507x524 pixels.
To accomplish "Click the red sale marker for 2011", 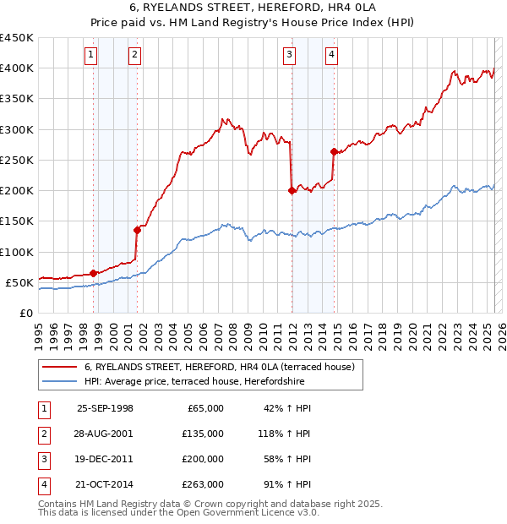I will coord(292,190).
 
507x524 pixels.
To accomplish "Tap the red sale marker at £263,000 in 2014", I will coord(334,152).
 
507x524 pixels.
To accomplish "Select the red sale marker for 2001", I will coord(136,229).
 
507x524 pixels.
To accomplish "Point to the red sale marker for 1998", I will coord(93,272).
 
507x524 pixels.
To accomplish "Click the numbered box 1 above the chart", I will coord(91,56).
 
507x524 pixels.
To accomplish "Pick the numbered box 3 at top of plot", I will coord(290,56).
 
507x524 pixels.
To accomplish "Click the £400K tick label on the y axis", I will coord(17,68).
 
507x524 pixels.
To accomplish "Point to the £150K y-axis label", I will coord(17,221).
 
